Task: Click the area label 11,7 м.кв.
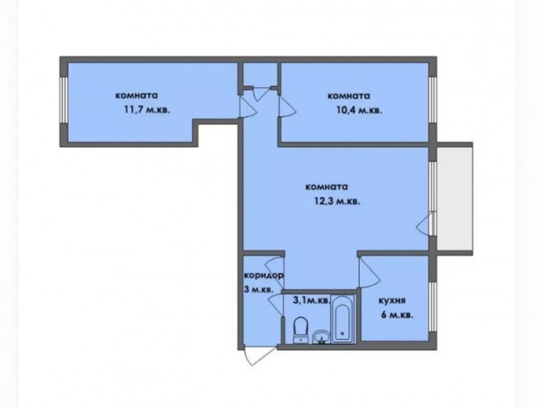pyautogui.click(x=147, y=111)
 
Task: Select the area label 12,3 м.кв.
pyautogui.click(x=337, y=201)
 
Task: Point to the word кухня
pyautogui.click(x=392, y=300)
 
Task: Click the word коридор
pyautogui.click(x=264, y=275)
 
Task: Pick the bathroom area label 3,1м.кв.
pyautogui.click(x=311, y=300)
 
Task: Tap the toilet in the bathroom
pyautogui.click(x=301, y=330)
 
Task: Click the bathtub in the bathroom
pyautogui.click(x=343, y=319)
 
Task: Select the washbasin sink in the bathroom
pyautogui.click(x=322, y=336)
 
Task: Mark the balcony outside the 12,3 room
pyautogui.click(x=454, y=199)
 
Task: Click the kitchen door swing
pyautogui.click(x=370, y=273)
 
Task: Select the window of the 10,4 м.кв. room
pyautogui.click(x=433, y=99)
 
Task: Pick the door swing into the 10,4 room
pyautogui.click(x=288, y=106)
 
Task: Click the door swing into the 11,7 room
pyautogui.click(x=247, y=106)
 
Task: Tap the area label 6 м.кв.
pyautogui.click(x=397, y=315)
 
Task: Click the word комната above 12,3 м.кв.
pyautogui.click(x=326, y=187)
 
